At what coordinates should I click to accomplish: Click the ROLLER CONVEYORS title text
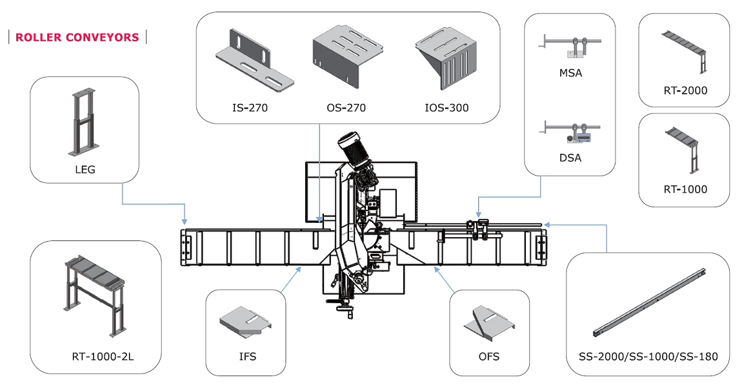point(77,37)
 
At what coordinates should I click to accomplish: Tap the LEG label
point(85,169)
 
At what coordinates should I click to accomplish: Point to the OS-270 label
point(346,108)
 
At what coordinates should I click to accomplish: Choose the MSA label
point(570,73)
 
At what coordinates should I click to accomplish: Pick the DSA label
point(570,157)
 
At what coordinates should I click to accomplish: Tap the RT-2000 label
point(685,90)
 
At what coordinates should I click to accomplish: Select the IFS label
point(246,356)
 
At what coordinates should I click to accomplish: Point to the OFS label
point(490,356)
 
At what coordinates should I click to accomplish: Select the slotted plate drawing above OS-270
point(348,59)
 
